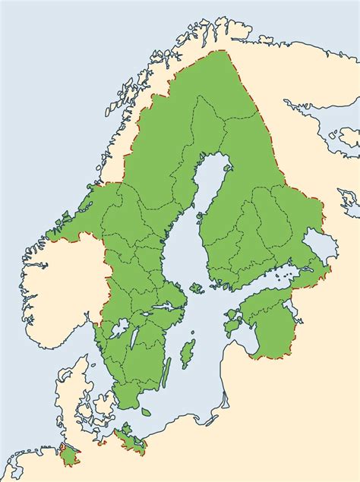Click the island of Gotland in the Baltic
pos(188,353)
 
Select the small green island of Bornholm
pos(146,412)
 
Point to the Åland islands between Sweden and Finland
pos(196,288)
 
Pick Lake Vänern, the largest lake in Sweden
pos(119,329)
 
